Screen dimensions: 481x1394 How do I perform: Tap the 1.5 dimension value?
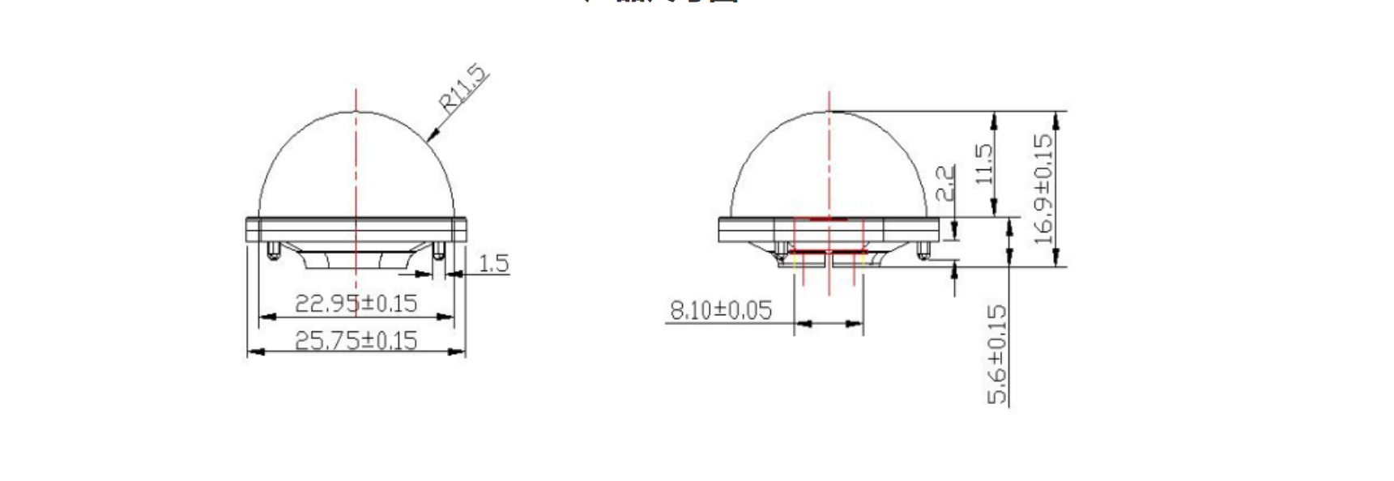pyautogui.click(x=493, y=263)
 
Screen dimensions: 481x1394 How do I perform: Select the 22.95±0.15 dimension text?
pyautogui.click(x=356, y=304)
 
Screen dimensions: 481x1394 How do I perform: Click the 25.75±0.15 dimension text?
pyautogui.click(x=356, y=340)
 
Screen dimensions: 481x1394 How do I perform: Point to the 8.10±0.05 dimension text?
pyautogui.click(x=720, y=310)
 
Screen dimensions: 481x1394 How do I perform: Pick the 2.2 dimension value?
pyautogui.click(x=945, y=183)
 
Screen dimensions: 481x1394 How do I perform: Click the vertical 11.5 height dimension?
pyautogui.click(x=983, y=164)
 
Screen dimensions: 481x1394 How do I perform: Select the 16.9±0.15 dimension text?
pyautogui.click(x=1045, y=189)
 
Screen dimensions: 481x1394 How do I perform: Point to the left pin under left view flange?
pyautogui.click(x=273, y=250)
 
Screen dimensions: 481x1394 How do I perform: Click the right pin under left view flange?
pyautogui.click(x=439, y=250)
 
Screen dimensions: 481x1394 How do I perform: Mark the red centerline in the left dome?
pyautogui.click(x=356, y=162)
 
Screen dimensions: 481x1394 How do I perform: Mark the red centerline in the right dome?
pyautogui.click(x=829, y=162)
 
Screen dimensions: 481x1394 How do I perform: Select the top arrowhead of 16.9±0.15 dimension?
pyautogui.click(x=1055, y=117)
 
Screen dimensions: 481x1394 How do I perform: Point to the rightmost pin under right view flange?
pyautogui.click(x=922, y=251)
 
